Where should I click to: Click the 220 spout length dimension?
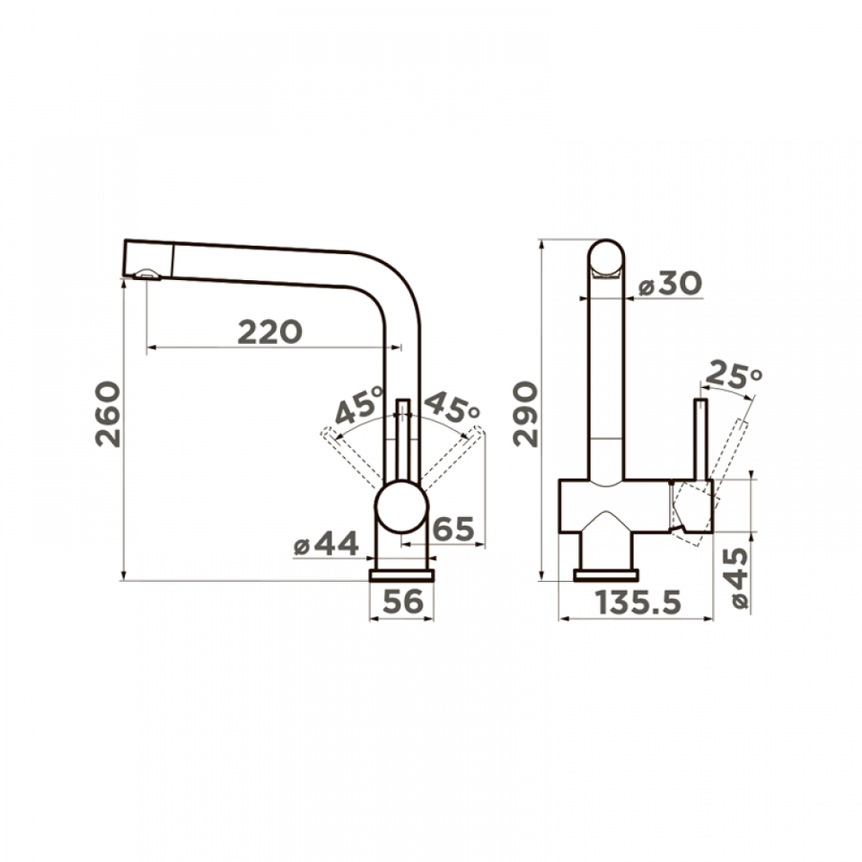pyautogui.click(x=270, y=332)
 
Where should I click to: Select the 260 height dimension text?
pyautogui.click(x=108, y=414)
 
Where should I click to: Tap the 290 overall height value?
pyautogui.click(x=525, y=414)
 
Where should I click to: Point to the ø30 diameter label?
pyautogui.click(x=670, y=284)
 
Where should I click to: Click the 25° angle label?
pyautogui.click(x=734, y=374)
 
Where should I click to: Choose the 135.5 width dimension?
pyautogui.click(x=638, y=602)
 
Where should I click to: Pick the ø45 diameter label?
pyautogui.click(x=735, y=577)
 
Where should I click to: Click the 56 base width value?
pyautogui.click(x=403, y=602)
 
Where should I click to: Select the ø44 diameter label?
pyautogui.click(x=326, y=544)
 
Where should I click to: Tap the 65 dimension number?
pyautogui.click(x=453, y=529)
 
